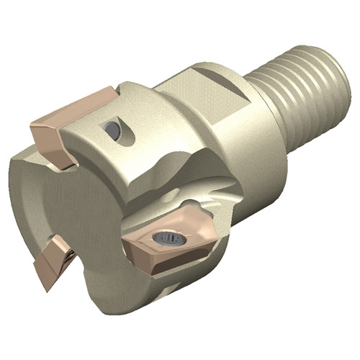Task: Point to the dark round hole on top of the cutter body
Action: point(112,130)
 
